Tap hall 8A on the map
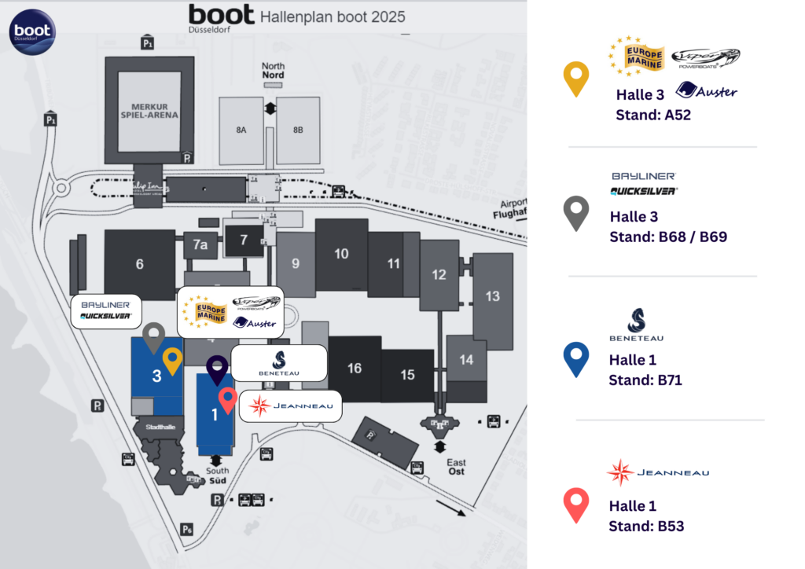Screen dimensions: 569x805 pyautogui.click(x=241, y=130)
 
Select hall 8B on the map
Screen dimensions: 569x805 pyautogui.click(x=298, y=130)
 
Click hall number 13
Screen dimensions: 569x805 pyautogui.click(x=493, y=296)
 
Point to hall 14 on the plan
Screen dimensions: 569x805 pyautogui.click(x=467, y=359)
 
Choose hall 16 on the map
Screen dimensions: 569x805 pyautogui.click(x=355, y=368)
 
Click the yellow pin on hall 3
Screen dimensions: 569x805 pyautogui.click(x=172, y=360)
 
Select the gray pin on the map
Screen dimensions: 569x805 pyautogui.click(x=153, y=336)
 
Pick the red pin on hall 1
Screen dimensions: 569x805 pyautogui.click(x=227, y=399)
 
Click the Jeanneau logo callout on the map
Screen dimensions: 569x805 pyautogui.click(x=290, y=406)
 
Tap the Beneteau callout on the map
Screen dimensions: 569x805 pyautogui.click(x=279, y=362)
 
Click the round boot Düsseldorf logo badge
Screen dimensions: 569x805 pyautogui.click(x=32, y=32)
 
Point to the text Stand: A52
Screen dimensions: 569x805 pyautogui.click(x=653, y=115)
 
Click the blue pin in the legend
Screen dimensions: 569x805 pyautogui.click(x=576, y=358)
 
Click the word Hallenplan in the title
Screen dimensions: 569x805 pyautogui.click(x=293, y=17)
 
